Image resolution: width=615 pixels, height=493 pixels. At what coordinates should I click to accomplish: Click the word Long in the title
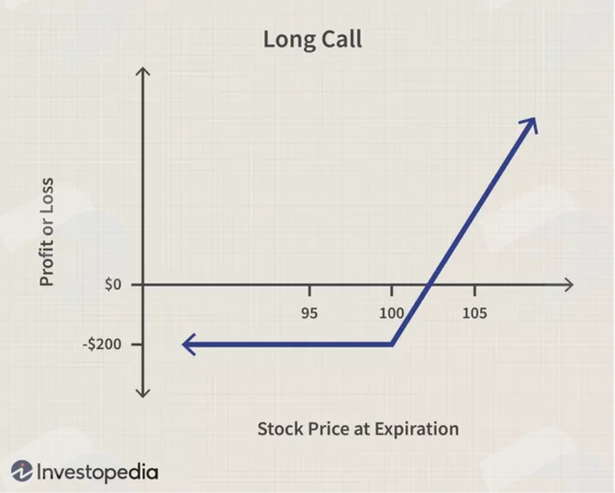pos(288,40)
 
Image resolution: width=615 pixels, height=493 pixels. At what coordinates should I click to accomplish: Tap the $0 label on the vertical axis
pos(113,285)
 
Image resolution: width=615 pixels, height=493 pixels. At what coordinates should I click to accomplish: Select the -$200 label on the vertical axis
pos(102,345)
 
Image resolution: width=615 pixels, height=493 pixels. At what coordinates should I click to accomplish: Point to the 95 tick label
pos(309,313)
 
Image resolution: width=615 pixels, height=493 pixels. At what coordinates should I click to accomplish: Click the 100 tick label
pos(391,313)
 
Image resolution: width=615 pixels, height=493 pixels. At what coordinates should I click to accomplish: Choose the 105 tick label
pos(475,313)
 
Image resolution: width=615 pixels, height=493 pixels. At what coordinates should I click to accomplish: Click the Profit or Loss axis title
pos(46,232)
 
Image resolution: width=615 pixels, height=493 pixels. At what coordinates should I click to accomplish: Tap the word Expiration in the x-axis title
pos(417,429)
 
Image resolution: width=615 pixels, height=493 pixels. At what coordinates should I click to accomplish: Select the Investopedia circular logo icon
pos(22,471)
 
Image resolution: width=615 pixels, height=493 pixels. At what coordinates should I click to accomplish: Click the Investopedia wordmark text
pos(97,472)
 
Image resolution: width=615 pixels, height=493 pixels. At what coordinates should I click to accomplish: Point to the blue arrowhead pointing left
pos(189,345)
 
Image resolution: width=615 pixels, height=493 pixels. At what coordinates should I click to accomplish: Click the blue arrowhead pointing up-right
pos(530,125)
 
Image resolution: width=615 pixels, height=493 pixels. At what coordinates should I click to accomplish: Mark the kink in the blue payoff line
pos(392,345)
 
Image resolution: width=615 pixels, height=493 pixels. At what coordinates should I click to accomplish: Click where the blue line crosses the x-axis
pos(430,285)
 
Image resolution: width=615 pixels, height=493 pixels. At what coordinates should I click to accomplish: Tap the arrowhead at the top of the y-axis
pos(143,71)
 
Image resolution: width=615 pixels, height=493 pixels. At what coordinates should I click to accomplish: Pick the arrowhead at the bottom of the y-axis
pos(143,393)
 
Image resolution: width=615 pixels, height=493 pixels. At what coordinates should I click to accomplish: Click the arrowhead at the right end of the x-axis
pos(569,285)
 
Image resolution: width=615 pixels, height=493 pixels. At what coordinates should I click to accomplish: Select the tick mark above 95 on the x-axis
pos(309,290)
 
